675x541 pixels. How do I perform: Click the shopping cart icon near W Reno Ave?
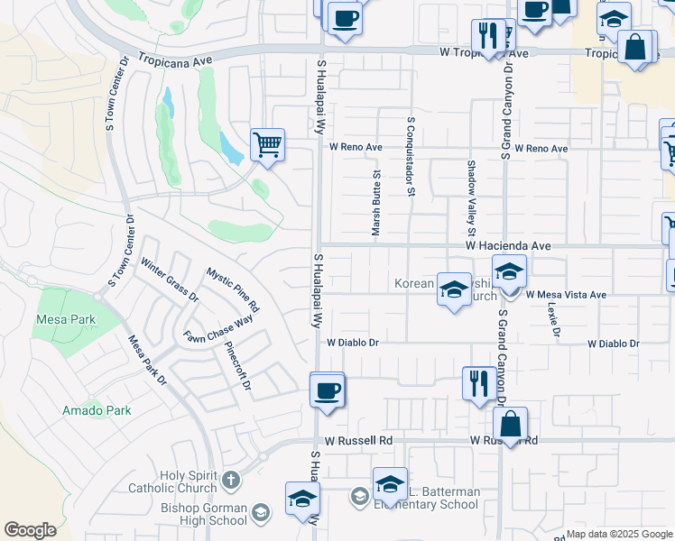point(268,144)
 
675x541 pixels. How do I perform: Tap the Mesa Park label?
point(66,319)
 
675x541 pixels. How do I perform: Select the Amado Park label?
point(97,410)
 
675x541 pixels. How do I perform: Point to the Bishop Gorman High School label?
point(190,513)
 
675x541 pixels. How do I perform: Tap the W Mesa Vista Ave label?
point(567,295)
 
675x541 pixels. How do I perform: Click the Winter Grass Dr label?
point(169,279)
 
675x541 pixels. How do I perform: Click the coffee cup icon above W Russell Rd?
point(327,390)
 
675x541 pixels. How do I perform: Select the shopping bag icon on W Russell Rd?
point(510,424)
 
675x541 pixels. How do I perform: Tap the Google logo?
point(30,530)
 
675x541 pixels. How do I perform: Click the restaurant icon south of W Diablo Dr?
point(476,382)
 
